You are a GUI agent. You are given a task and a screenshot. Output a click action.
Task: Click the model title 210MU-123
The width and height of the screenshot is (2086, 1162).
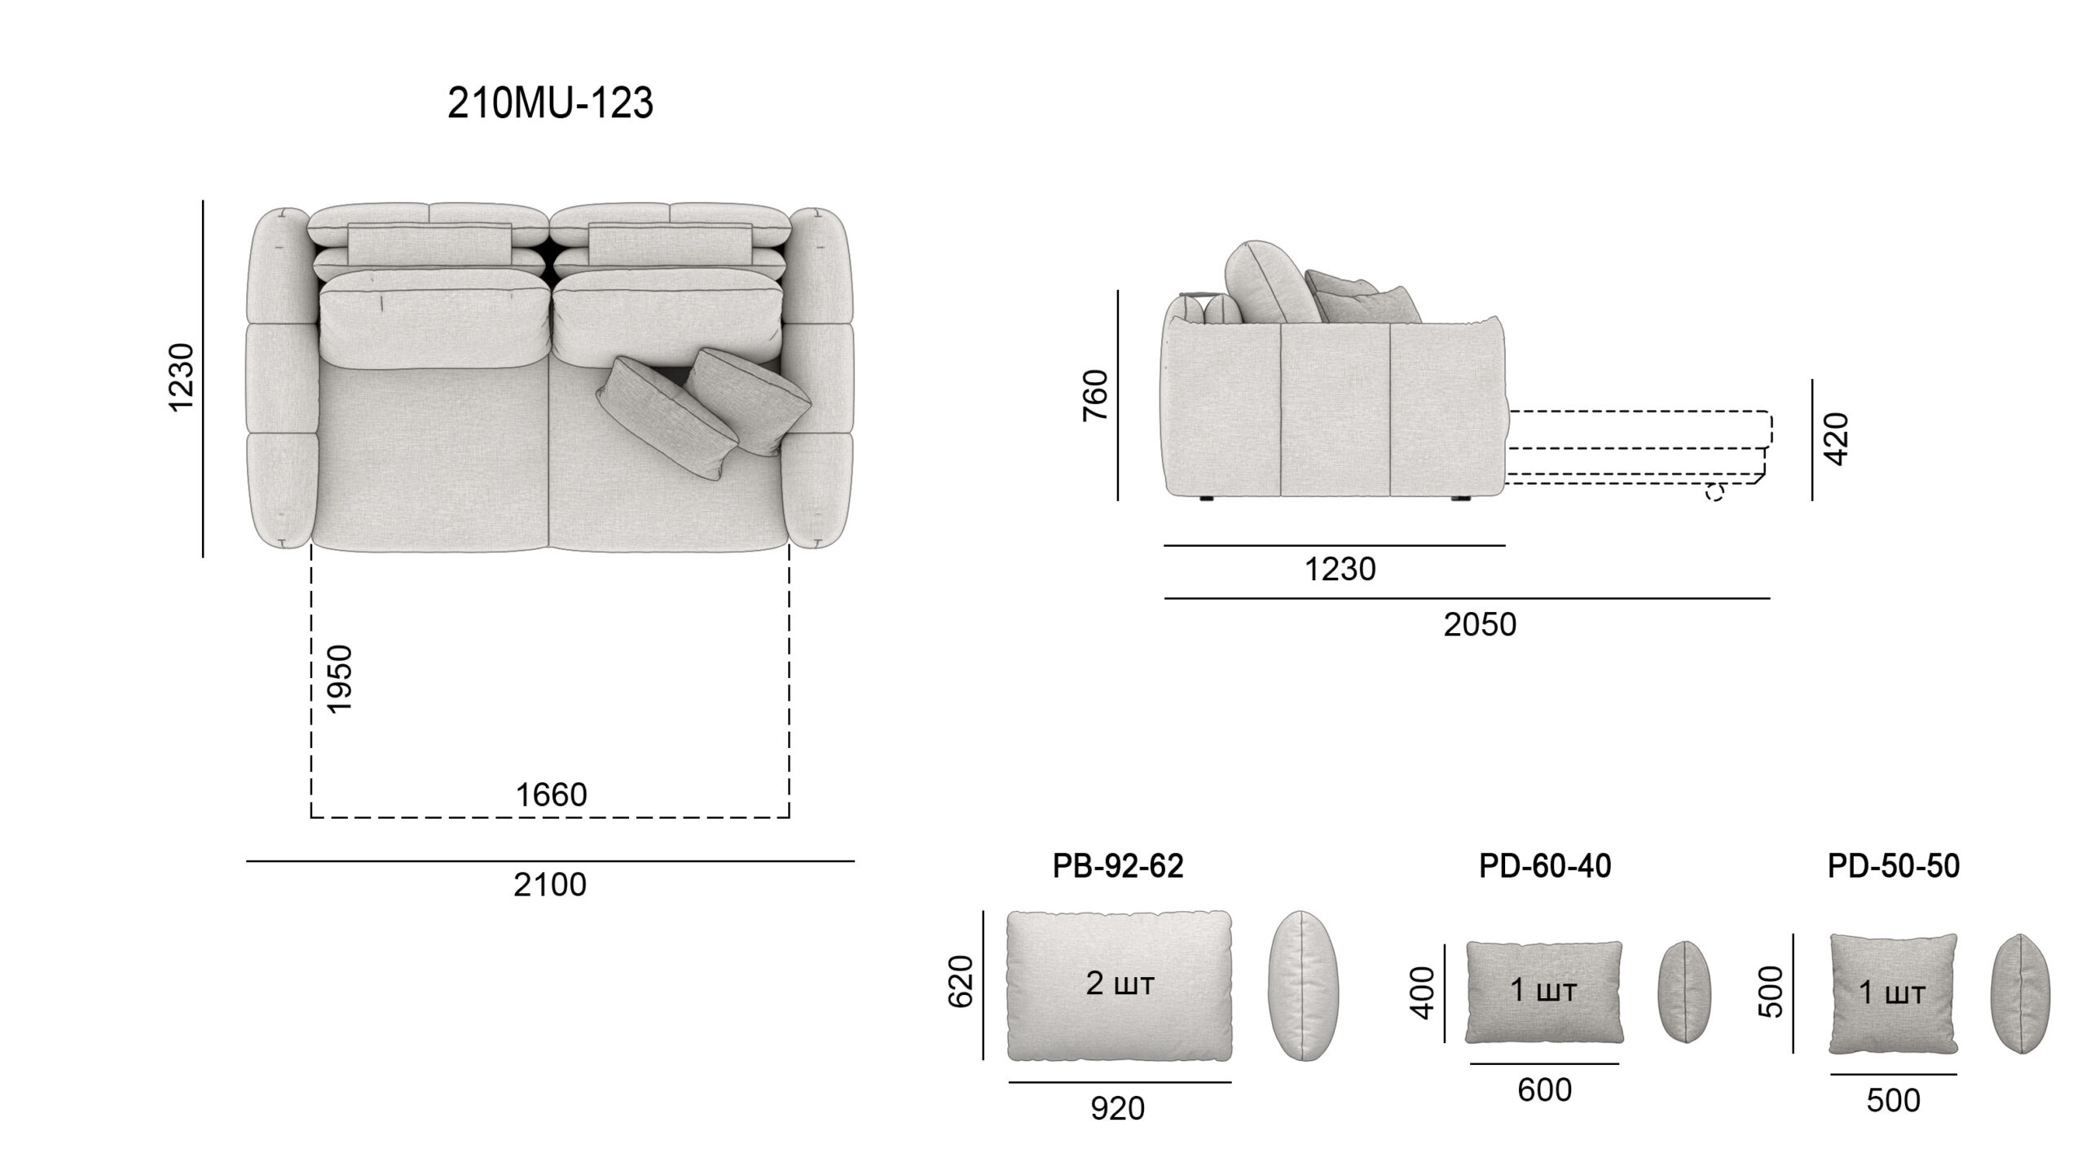point(550,104)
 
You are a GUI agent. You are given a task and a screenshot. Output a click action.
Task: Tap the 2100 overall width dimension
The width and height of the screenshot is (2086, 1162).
point(550,885)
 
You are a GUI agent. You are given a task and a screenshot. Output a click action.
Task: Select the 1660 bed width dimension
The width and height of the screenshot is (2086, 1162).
point(552,795)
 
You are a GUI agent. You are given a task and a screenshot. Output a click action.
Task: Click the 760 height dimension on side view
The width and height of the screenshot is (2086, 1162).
point(1096,395)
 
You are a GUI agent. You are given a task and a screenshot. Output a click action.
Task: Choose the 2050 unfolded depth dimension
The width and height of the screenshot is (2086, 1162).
point(1480,625)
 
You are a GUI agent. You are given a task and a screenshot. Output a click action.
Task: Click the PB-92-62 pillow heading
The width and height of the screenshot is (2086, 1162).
point(1118,866)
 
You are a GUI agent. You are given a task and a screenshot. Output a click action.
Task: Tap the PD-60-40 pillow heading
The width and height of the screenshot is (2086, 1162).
point(1545,866)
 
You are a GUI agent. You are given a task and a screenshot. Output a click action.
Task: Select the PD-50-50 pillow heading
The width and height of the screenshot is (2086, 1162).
point(1894,866)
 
